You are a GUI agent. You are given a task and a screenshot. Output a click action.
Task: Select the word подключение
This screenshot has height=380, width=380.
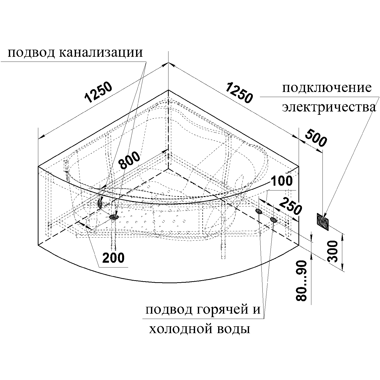coord(327,89)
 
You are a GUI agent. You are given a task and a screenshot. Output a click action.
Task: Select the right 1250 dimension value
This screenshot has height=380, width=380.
coord(239,92)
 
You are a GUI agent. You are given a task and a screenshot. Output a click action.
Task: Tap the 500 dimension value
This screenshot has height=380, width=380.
coord(315,138)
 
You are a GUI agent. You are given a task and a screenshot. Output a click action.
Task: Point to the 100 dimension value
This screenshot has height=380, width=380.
coord(281,181)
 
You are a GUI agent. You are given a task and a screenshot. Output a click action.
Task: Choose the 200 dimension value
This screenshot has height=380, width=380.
coord(113,258)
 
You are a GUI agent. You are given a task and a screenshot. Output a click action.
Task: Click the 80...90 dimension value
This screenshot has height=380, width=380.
coord(301,281)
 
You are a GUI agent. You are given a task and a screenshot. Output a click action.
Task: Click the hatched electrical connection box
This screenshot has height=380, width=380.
coord(322,222)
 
